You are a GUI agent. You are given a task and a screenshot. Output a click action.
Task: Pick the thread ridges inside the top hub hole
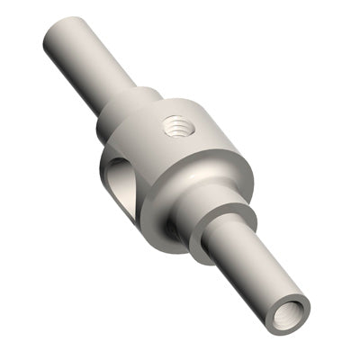coord(178,130)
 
